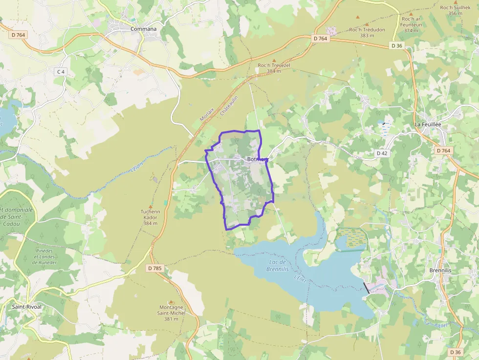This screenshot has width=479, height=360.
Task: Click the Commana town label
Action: [144, 29]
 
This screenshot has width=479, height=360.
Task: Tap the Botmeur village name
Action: [258, 159]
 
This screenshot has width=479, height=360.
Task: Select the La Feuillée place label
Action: [428, 125]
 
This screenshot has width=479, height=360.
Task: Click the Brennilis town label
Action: [440, 270]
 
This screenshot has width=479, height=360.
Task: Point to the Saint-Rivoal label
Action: [27, 307]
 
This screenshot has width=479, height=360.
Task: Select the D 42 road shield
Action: [382, 153]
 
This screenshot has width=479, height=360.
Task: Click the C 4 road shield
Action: [61, 72]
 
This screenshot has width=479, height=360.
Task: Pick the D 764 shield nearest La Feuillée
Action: [443, 150]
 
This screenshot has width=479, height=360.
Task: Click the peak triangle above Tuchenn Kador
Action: [150, 207]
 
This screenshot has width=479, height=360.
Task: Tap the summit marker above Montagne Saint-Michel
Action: [171, 302]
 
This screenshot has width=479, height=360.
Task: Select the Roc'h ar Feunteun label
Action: [411, 24]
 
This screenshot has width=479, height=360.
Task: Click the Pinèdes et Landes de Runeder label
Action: [45, 256]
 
